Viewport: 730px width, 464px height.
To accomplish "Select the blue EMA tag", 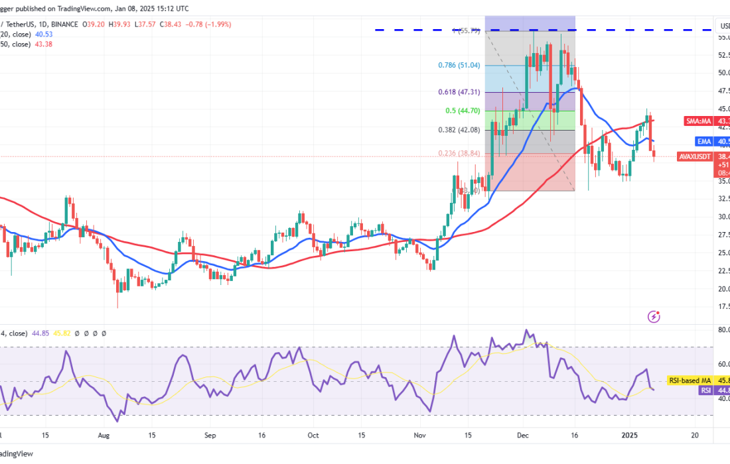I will (x=705, y=141).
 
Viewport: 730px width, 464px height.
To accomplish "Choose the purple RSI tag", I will (x=705, y=390).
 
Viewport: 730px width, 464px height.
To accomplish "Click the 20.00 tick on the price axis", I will (x=723, y=288).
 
